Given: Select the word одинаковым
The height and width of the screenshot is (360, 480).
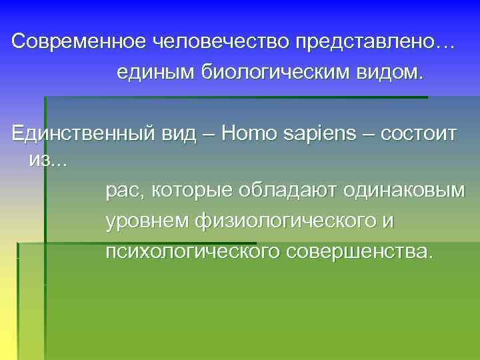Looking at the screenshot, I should point(404,191).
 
